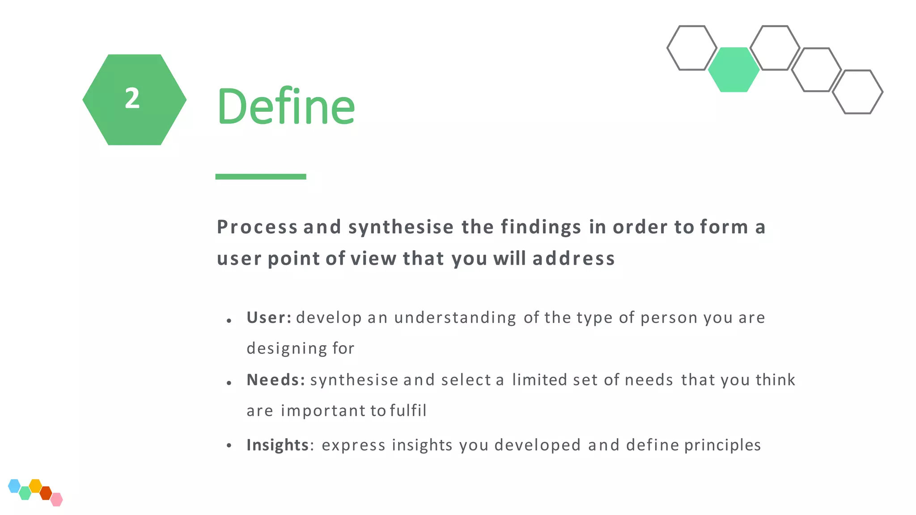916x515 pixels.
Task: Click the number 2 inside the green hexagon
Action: [132, 98]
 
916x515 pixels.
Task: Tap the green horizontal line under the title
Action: [261, 177]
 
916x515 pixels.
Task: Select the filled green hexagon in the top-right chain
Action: [734, 70]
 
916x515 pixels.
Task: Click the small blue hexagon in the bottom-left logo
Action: [14, 485]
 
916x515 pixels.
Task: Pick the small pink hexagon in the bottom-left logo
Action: [57, 499]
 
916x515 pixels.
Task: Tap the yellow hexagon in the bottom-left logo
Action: [35, 485]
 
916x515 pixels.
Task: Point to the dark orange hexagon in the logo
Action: [46, 493]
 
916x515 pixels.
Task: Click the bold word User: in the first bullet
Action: [269, 317]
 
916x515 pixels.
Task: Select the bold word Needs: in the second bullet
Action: [276, 380]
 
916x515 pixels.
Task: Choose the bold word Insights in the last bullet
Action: [277, 445]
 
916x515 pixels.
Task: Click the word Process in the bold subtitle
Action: [257, 227]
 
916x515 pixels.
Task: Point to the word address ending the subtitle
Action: [573, 258]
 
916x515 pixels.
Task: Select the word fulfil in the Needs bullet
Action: [408, 410]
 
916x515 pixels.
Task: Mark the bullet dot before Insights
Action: [229, 445]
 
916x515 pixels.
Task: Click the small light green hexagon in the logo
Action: [25, 493]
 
